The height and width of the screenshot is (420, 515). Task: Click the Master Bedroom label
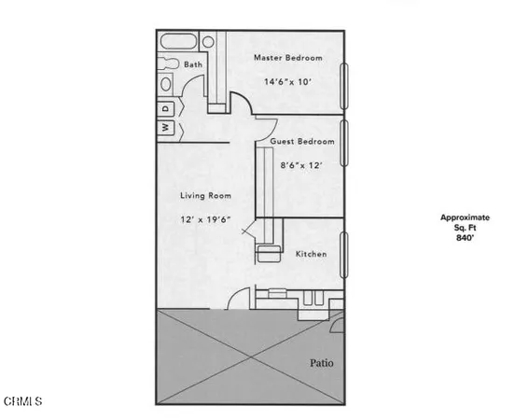(288, 58)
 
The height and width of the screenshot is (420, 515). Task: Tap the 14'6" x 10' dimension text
(288, 81)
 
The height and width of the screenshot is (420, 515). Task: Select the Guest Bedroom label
(302, 142)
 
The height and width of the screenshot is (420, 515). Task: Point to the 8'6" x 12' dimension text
(301, 165)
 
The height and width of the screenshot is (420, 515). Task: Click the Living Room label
(205, 196)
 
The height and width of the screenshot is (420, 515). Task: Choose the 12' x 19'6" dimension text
(205, 219)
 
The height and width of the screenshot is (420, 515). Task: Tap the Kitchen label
(311, 254)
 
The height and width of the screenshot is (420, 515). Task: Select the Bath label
(192, 64)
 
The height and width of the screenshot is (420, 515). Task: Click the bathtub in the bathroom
(179, 42)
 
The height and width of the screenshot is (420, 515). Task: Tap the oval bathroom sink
(166, 84)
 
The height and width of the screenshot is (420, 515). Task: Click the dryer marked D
(165, 108)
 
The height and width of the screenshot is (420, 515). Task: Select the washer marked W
(165, 126)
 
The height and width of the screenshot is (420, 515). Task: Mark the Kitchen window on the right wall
(345, 254)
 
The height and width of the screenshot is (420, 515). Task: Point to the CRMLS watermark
(23, 402)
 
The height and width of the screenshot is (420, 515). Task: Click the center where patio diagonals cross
(250, 357)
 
